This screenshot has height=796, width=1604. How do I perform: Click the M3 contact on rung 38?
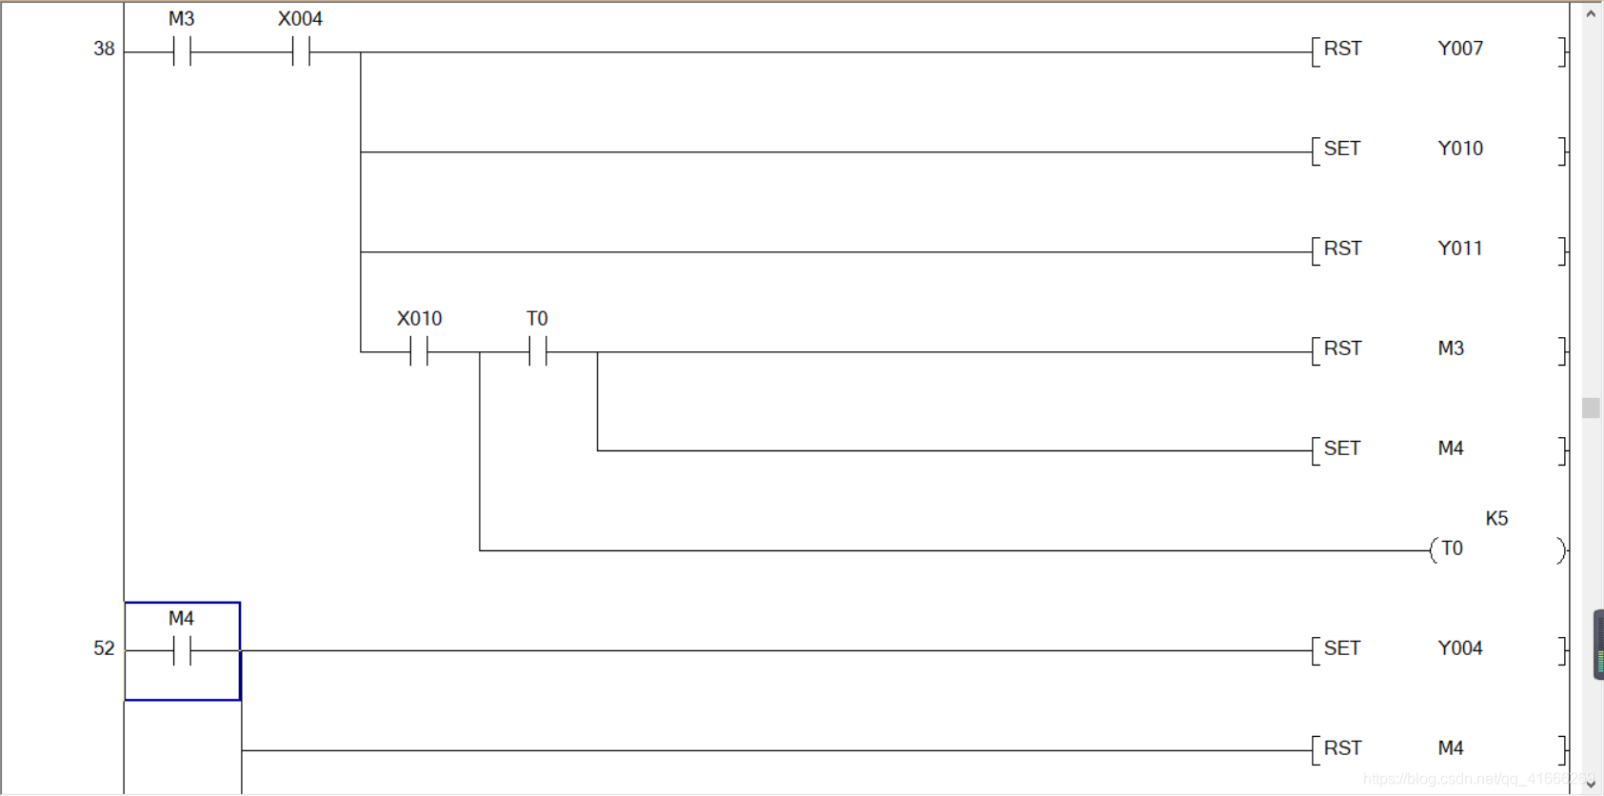click(182, 51)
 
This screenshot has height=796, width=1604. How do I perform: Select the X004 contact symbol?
click(301, 51)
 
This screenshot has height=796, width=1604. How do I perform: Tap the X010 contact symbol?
click(419, 351)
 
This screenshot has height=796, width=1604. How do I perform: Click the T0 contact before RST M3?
click(538, 351)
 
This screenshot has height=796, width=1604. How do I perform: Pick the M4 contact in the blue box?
click(182, 650)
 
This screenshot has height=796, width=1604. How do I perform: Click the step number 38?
click(104, 49)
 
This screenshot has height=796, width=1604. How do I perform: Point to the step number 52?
click(104, 648)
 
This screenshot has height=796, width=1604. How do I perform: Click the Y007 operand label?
click(1460, 49)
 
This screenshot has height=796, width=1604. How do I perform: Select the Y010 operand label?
click(1460, 149)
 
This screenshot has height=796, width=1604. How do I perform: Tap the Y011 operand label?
click(1460, 249)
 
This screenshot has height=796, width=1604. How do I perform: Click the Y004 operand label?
click(1460, 648)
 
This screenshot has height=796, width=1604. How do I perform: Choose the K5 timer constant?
click(1496, 519)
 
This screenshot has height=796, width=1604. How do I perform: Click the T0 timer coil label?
click(1452, 548)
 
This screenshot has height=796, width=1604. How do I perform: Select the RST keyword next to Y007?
click(1342, 49)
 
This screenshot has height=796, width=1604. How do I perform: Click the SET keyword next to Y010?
click(1342, 149)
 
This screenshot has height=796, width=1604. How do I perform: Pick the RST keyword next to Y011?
click(1342, 249)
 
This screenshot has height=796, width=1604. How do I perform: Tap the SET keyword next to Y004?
click(1342, 648)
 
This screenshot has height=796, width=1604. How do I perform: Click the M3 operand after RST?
click(1451, 348)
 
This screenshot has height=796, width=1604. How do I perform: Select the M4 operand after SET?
click(1451, 448)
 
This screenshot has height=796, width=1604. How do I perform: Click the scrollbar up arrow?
click(1591, 13)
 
